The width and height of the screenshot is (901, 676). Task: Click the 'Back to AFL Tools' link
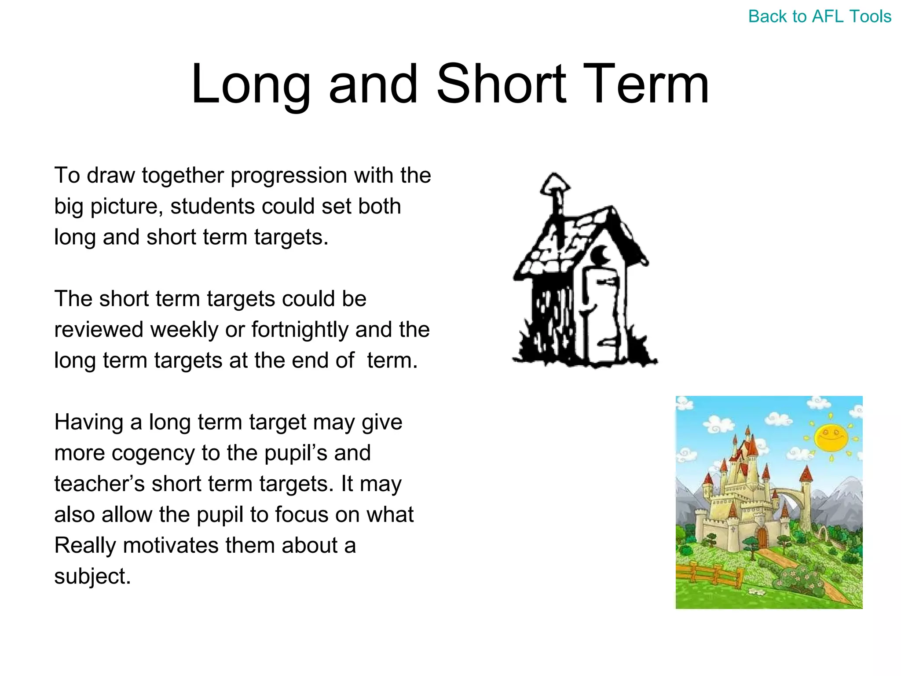click(820, 17)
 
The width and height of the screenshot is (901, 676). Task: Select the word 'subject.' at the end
click(92, 577)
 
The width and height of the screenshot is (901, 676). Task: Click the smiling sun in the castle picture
click(831, 437)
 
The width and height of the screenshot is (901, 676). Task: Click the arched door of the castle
click(762, 537)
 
